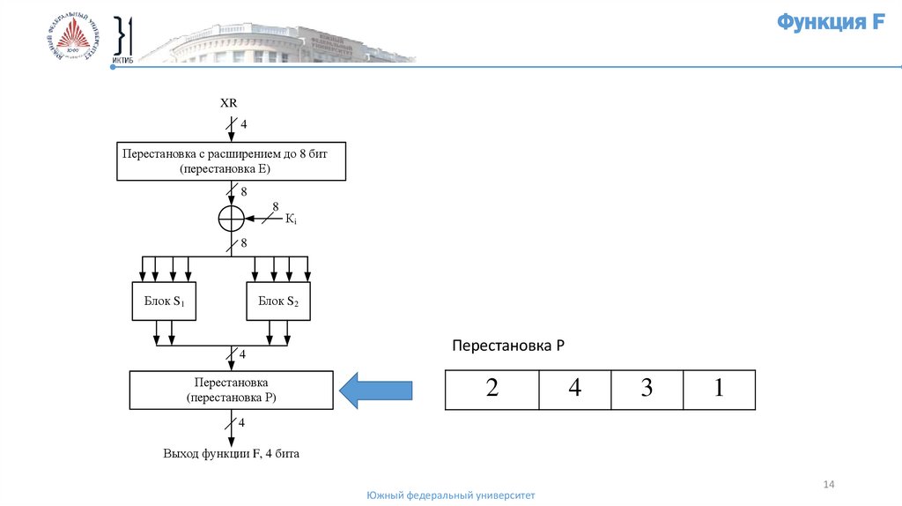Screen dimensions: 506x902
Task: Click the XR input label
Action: (229, 102)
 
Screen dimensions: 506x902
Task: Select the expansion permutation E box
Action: (232, 160)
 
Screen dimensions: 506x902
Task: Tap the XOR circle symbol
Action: (231, 217)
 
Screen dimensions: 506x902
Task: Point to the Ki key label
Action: (291, 219)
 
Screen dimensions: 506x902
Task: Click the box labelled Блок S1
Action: (164, 301)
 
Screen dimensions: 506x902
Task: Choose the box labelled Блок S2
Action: (278, 301)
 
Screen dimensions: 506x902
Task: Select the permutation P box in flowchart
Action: (232, 390)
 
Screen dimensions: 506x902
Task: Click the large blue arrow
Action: (376, 390)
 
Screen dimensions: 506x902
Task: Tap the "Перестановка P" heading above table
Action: (507, 346)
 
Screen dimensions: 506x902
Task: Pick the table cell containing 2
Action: (492, 390)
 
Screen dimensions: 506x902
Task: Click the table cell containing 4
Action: (574, 390)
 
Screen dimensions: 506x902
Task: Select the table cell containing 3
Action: (647, 390)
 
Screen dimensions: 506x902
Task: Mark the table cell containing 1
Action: (719, 390)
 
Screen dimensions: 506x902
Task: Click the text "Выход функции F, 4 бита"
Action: (231, 455)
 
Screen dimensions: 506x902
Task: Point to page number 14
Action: (828, 484)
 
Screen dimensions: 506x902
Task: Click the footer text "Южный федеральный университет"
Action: (451, 496)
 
